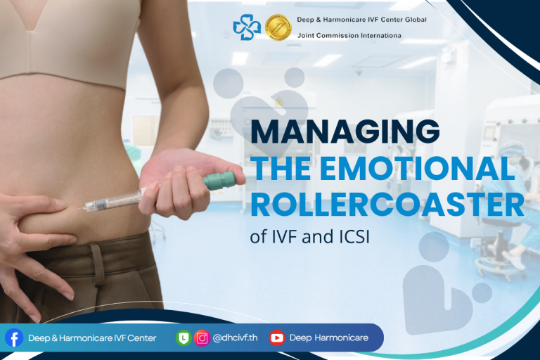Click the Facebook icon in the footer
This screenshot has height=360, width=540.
[x=14, y=337]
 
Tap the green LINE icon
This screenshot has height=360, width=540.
[x=184, y=338]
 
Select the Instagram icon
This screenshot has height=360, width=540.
[x=202, y=338]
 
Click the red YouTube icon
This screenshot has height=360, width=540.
[x=277, y=337]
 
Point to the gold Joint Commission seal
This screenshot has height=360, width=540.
[x=278, y=27]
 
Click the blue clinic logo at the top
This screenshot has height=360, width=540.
[x=247, y=27]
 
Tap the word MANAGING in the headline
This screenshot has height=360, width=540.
[x=345, y=131]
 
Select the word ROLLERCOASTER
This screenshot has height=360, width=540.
[x=387, y=205]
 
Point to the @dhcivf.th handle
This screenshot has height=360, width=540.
[x=236, y=337]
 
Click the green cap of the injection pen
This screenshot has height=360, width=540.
[x=219, y=181]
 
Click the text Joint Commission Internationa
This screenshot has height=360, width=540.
[x=349, y=35]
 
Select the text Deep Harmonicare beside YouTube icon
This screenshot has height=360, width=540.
[x=329, y=337]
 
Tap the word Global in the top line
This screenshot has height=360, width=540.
[x=416, y=20]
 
